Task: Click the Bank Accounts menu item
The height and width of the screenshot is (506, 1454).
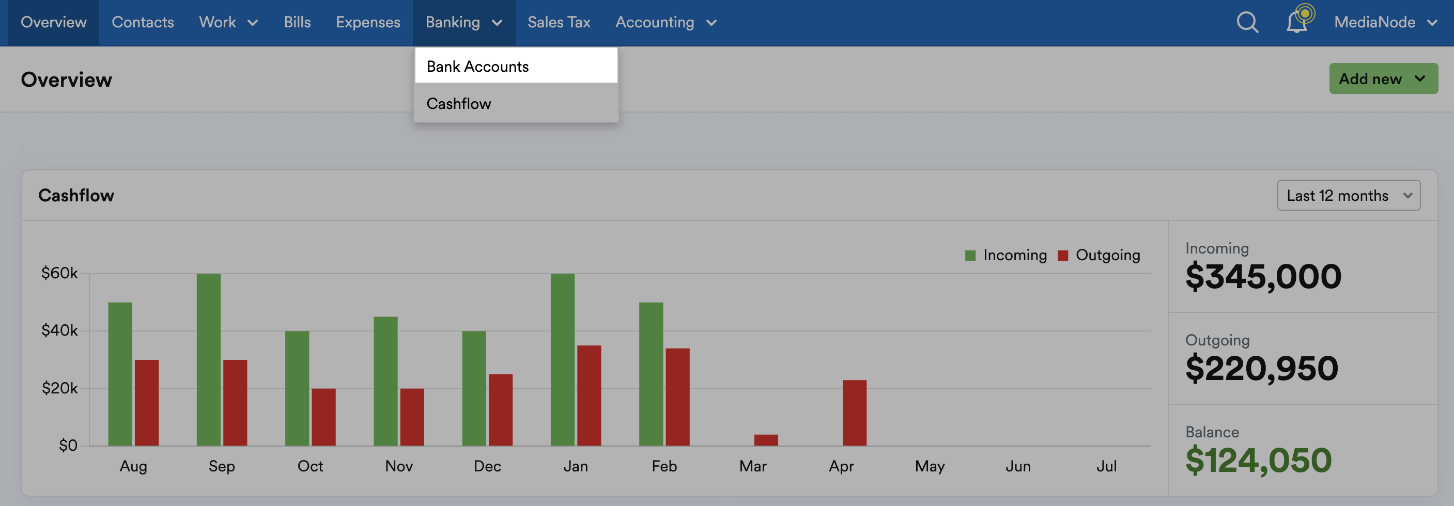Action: tap(516, 66)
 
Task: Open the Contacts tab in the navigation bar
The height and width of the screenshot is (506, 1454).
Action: tap(143, 22)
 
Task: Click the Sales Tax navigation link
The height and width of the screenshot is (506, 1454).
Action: tap(559, 22)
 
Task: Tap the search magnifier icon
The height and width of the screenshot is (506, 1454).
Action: tap(1247, 23)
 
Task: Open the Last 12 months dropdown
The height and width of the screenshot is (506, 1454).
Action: tap(1349, 195)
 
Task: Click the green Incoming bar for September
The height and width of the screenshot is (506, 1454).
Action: tap(209, 359)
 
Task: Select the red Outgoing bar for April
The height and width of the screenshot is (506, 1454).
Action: tap(855, 413)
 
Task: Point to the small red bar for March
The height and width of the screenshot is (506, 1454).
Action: tap(766, 440)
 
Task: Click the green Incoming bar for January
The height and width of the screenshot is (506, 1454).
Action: tap(563, 359)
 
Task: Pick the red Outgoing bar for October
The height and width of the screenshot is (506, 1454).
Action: tap(323, 417)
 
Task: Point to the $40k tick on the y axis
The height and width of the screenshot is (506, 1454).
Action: tap(59, 330)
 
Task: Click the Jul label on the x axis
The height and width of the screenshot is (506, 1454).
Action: tap(1106, 466)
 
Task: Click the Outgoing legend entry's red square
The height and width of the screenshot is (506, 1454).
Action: tap(1063, 256)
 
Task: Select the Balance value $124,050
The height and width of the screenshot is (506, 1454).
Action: tap(1258, 460)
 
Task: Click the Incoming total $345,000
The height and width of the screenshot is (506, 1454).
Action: tap(1263, 276)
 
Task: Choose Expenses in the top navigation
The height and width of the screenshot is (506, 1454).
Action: tap(368, 22)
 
